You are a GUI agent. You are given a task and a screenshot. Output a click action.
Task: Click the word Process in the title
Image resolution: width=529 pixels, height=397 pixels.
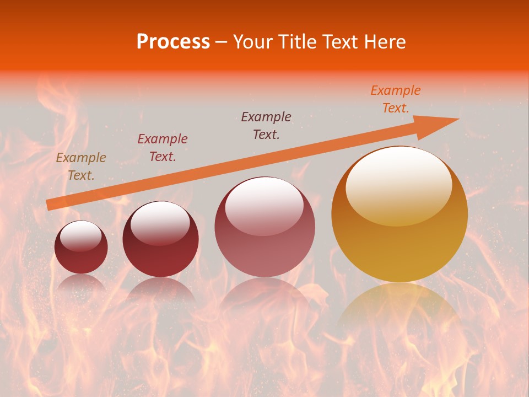point(173,41)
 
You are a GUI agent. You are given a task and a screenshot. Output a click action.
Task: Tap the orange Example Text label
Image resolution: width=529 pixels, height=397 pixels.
point(396,99)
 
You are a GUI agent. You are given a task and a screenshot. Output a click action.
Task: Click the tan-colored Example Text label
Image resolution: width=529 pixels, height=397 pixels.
point(81,167)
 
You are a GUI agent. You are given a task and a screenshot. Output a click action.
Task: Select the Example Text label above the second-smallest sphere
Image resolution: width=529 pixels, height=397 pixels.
point(163,148)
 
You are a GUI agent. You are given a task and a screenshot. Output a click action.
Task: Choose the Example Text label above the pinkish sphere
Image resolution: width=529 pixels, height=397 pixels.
point(266,125)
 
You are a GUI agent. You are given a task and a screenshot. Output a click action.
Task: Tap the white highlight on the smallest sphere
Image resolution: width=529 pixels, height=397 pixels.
point(80,237)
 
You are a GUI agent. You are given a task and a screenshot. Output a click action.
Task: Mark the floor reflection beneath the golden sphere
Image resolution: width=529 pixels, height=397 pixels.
point(400,309)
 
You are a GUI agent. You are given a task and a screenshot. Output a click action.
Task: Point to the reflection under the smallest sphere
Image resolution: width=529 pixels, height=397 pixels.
point(81,282)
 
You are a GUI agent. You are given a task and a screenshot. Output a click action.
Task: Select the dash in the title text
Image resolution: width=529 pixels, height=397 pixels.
point(222,42)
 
